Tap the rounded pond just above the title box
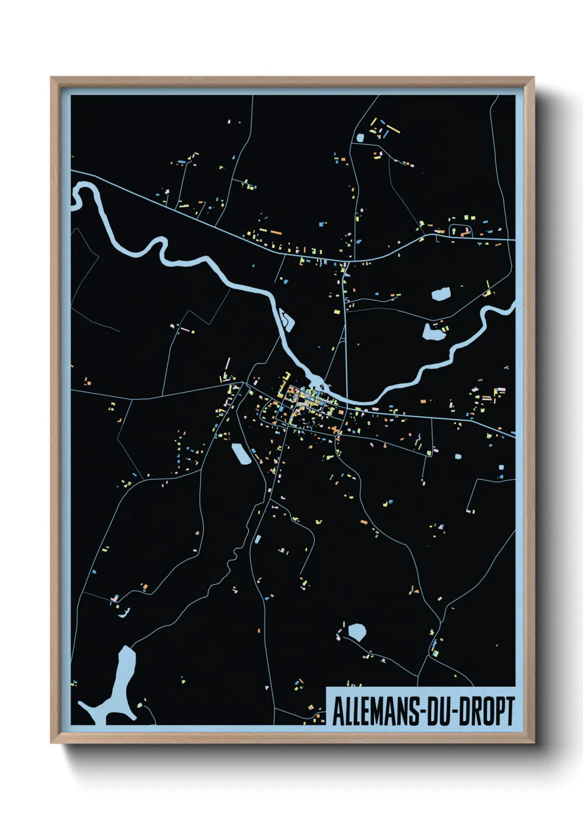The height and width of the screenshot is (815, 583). [x=357, y=631]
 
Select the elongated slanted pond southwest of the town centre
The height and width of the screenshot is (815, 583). [x=241, y=454]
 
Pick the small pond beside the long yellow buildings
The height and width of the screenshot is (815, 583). [x=361, y=137]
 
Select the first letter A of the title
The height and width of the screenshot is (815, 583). [x=337, y=711]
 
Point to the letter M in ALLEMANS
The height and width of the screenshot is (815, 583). [x=374, y=711]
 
